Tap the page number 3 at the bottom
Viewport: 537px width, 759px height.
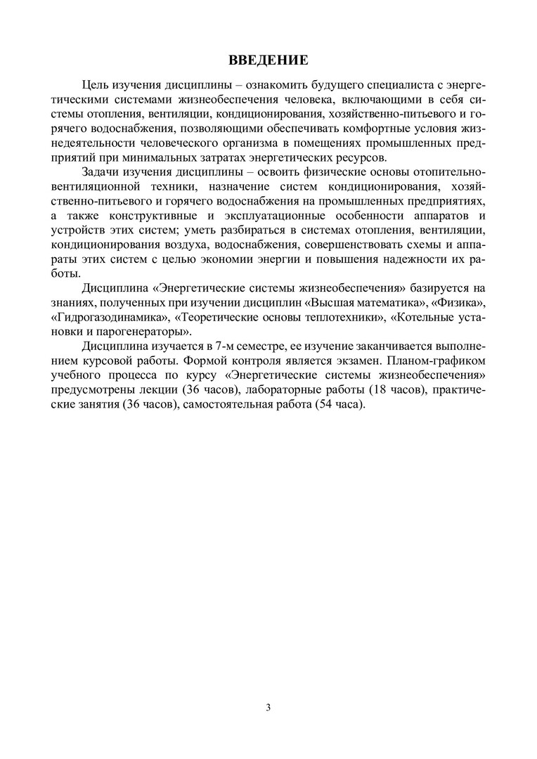(x=268, y=707)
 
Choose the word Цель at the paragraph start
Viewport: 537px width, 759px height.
(x=97, y=85)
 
